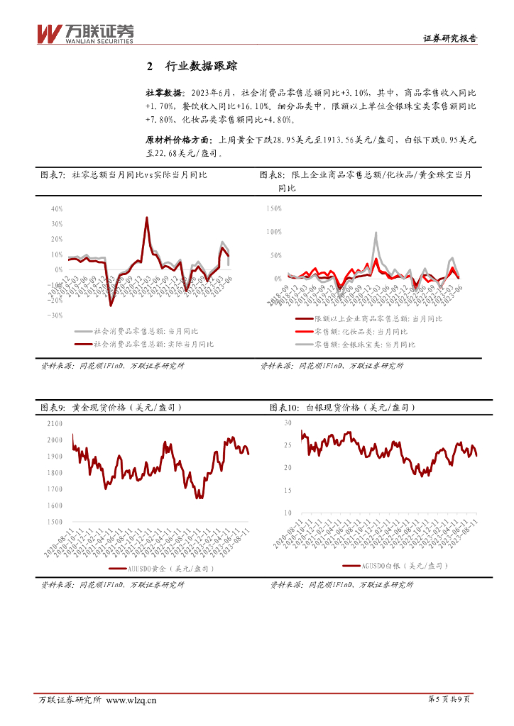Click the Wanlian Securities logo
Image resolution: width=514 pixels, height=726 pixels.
(x=84, y=33)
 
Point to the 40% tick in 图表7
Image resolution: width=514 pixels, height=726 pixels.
(x=57, y=209)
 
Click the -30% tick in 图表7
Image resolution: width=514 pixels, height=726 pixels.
(x=55, y=315)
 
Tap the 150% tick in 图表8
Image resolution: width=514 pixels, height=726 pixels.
(x=273, y=209)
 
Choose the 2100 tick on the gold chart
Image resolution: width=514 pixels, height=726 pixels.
(x=55, y=424)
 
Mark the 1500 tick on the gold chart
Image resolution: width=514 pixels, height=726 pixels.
(x=55, y=522)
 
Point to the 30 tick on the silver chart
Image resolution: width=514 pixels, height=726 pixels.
(x=288, y=423)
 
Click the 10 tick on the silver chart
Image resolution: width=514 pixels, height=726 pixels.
(x=288, y=513)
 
